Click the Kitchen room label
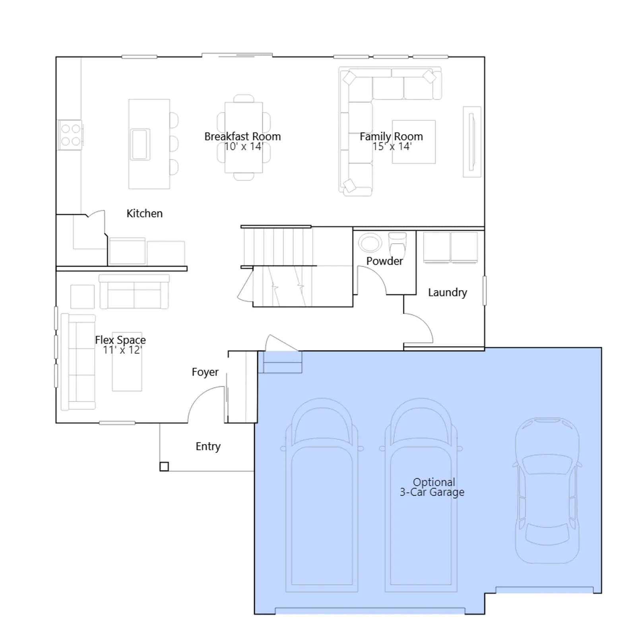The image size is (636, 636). click(x=144, y=213)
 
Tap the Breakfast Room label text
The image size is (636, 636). click(x=242, y=136)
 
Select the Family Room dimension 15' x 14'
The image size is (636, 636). click(x=392, y=147)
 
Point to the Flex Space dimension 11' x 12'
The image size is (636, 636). click(x=122, y=350)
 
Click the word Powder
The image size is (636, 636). click(x=384, y=261)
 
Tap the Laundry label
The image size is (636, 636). click(x=448, y=293)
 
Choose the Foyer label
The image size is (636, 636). click(x=205, y=372)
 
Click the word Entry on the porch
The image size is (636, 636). click(x=208, y=446)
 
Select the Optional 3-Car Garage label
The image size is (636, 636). click(x=432, y=487)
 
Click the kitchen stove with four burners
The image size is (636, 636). click(x=70, y=135)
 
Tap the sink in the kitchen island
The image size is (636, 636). click(x=140, y=144)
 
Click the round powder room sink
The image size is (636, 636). click(x=370, y=242)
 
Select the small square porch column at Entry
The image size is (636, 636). click(x=164, y=466)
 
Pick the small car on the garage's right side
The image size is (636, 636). click(x=547, y=490)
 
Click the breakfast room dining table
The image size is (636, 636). click(x=244, y=138)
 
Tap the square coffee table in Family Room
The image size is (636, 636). click(x=414, y=142)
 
